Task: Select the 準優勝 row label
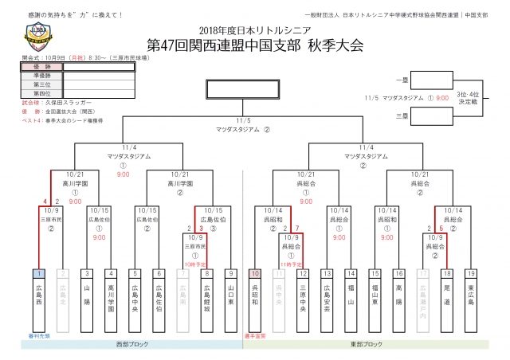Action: point(41,76)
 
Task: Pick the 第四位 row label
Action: point(41,93)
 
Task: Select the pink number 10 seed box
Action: point(255,273)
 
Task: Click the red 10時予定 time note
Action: point(195,262)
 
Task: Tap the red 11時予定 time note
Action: point(290,262)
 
